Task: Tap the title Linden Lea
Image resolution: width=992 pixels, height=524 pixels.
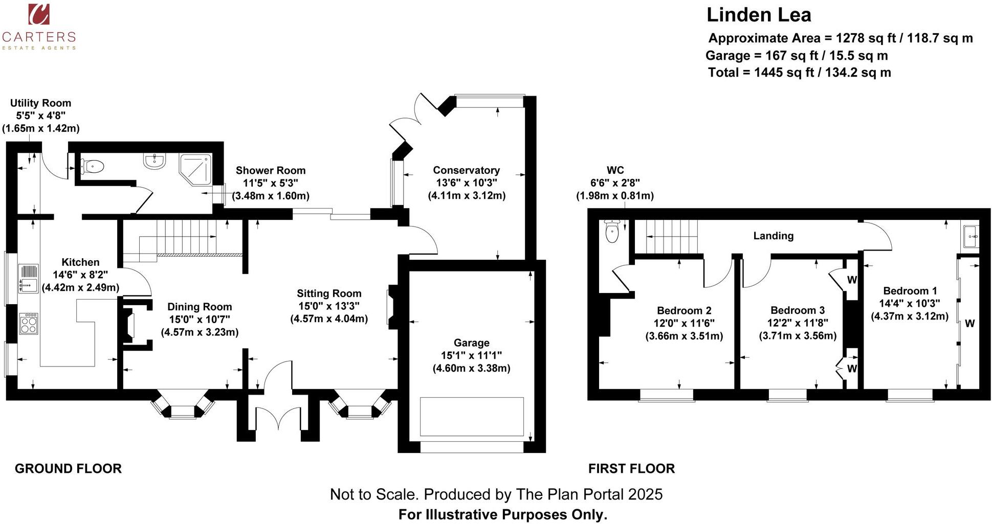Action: click(x=759, y=15)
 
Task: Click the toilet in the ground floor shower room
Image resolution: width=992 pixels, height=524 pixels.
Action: click(x=93, y=166)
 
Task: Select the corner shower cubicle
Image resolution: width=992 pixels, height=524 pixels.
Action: click(x=195, y=169)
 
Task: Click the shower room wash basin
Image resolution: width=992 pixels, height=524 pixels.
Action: click(x=154, y=162)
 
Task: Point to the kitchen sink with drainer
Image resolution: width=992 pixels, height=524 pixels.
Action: click(x=29, y=279)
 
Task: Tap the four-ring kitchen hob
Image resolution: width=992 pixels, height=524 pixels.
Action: click(x=29, y=324)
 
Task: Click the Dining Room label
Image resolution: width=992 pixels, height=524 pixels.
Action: click(x=200, y=307)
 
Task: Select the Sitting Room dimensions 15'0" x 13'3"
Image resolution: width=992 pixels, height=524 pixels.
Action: click(x=329, y=306)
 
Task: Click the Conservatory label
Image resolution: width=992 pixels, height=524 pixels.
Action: click(x=466, y=170)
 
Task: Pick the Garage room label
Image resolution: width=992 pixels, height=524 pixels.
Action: click(x=471, y=343)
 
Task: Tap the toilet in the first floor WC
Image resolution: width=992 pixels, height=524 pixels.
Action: click(x=612, y=232)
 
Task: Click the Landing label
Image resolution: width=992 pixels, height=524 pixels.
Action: click(x=773, y=236)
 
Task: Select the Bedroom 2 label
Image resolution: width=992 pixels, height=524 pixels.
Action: click(x=684, y=311)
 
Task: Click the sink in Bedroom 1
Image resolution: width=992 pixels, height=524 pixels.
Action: click(x=971, y=237)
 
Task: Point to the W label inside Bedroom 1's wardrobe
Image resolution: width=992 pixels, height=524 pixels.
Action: click(x=969, y=324)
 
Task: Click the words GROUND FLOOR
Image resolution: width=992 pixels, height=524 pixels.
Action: click(x=68, y=469)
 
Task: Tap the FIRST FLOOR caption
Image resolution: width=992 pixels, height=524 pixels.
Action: click(x=631, y=469)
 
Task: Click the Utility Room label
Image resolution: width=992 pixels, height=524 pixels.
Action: click(x=40, y=103)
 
